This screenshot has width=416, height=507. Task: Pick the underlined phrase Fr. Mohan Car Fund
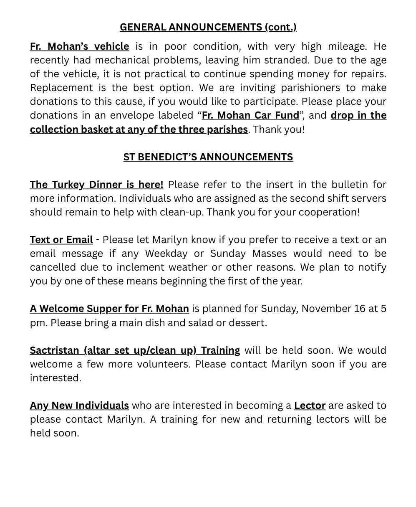[x=250, y=115]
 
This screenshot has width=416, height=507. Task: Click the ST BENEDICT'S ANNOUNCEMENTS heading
[x=208, y=157]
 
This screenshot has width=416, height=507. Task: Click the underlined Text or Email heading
[x=61, y=240]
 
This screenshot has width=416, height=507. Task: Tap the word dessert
[x=249, y=323]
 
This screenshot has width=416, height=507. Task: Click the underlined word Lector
[x=310, y=406]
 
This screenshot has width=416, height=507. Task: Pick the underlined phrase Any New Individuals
[x=79, y=406]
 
